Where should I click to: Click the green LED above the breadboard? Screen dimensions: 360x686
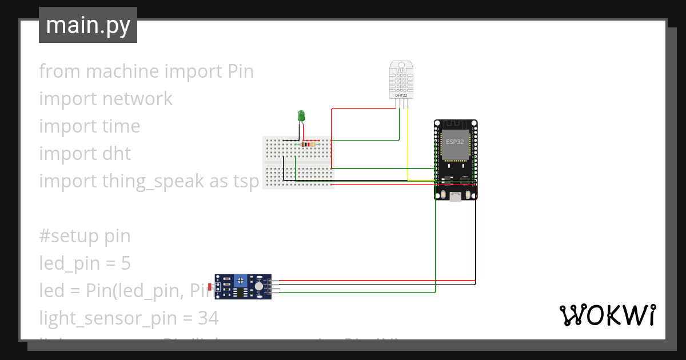[301, 116]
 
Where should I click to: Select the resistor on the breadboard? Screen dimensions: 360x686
[308, 145]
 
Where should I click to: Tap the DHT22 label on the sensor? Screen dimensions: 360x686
[401, 95]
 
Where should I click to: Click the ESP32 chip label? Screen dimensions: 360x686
[455, 140]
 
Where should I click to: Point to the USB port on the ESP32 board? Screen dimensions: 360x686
[456, 197]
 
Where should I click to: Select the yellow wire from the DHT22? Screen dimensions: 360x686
[407, 143]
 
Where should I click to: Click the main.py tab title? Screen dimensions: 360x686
[88, 25]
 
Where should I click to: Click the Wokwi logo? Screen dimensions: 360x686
[607, 315]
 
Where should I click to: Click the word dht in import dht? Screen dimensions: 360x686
[117, 154]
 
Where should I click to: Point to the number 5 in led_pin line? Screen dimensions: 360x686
[126, 263]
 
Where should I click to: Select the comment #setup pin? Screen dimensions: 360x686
[85, 236]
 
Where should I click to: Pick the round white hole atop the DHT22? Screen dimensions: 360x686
[401, 64]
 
